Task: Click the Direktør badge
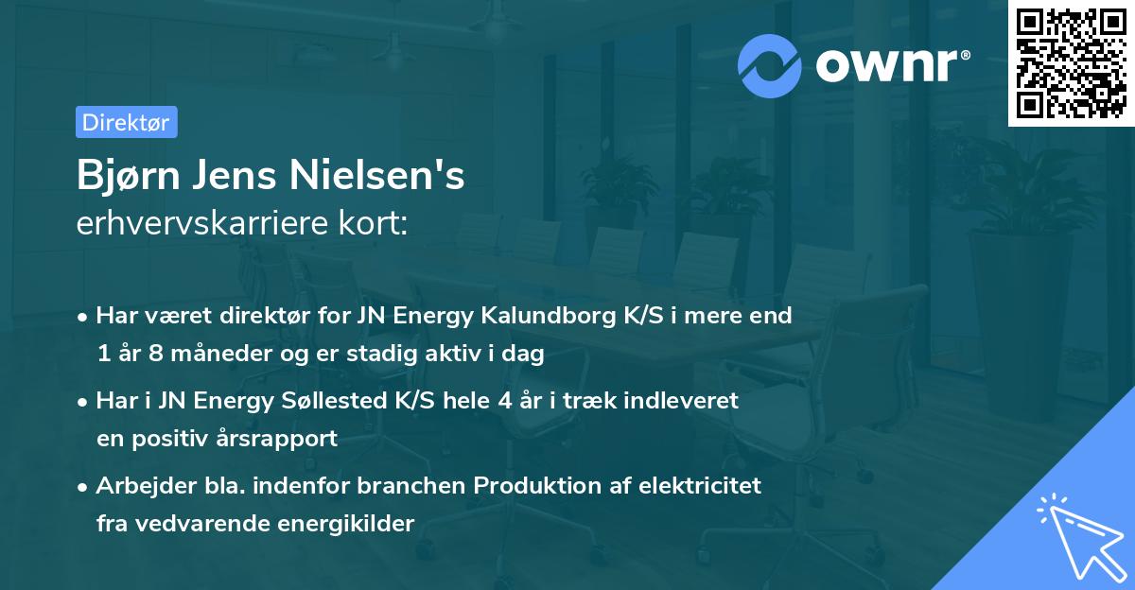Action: (126, 121)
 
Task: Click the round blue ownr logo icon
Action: (771, 64)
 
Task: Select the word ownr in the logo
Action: (890, 64)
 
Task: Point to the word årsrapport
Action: (283, 439)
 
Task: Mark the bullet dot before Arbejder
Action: (83, 486)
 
